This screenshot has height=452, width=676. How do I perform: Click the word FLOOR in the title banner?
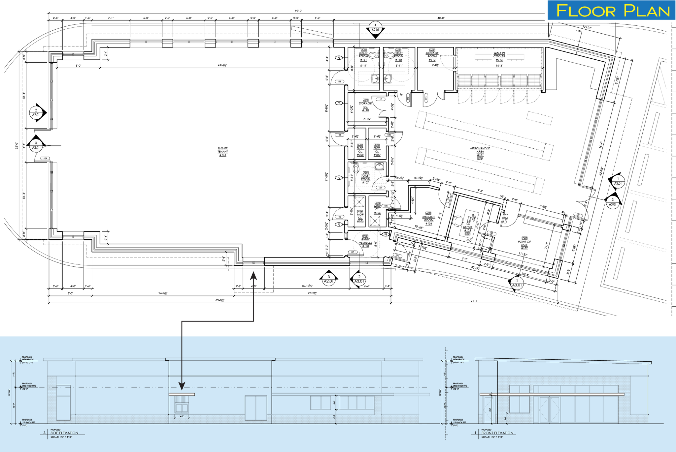click(586, 11)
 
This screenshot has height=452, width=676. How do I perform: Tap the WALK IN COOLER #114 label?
click(499, 56)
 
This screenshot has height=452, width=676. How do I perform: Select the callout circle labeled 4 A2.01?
click(375, 28)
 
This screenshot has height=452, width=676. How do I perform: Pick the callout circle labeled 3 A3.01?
click(36, 146)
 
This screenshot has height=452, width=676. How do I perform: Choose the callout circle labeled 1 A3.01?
click(517, 283)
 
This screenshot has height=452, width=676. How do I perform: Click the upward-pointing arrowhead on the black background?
click(253, 276)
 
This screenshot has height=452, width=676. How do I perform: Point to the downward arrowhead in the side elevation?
click(182, 386)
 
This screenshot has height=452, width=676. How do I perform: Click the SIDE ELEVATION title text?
click(64, 433)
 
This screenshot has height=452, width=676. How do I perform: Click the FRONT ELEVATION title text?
click(497, 433)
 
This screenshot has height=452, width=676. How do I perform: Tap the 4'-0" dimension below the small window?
click(182, 417)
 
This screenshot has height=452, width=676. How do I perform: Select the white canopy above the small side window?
click(182, 394)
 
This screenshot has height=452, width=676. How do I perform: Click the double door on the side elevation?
click(256, 408)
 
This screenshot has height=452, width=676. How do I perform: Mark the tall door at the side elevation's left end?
click(63, 403)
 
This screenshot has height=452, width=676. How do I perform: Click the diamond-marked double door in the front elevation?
click(549, 410)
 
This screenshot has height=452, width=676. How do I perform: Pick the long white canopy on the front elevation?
click(552, 394)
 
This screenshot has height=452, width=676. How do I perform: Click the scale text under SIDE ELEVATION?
click(61, 437)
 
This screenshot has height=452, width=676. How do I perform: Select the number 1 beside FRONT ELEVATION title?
click(475, 433)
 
